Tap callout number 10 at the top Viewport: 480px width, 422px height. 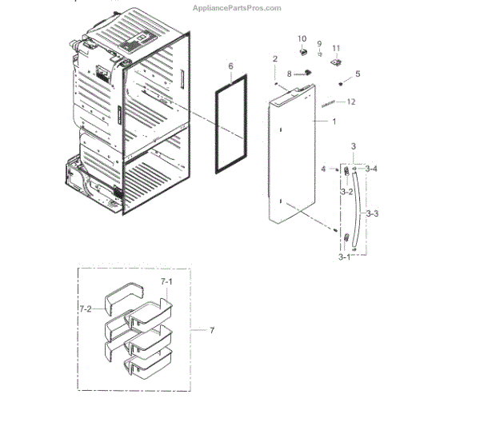302,38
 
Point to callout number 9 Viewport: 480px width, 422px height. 318,43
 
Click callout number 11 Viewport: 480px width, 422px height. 336,47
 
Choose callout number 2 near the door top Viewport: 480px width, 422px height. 274,59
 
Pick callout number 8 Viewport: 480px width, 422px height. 289,74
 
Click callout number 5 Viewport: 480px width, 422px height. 358,74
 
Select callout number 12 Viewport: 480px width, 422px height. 351,102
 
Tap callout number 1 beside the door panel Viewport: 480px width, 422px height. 334,121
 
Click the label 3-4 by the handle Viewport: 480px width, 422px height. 372,169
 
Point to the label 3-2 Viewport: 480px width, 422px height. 346,193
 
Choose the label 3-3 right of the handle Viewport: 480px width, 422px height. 373,214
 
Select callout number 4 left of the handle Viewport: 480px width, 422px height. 324,169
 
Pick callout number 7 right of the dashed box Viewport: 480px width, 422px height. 211,330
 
